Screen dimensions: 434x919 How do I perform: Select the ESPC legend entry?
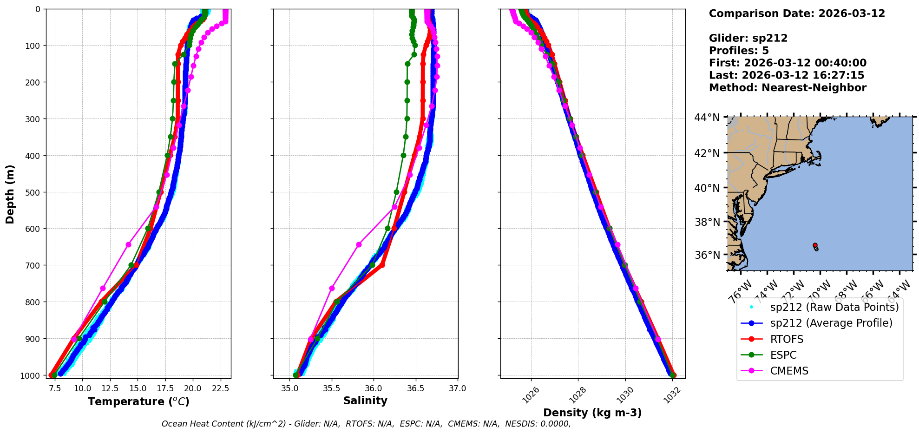tap(783, 355)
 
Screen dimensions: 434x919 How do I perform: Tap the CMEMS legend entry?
tap(789, 371)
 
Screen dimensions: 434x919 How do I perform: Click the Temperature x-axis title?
tap(138, 401)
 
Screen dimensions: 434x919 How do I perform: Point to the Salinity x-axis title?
tap(365, 401)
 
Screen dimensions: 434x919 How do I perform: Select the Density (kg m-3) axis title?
tap(592, 413)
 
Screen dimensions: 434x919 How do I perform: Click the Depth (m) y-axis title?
tap(10, 194)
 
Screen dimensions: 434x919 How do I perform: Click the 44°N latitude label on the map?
tap(707, 118)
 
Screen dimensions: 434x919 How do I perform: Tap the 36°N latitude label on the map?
tap(707, 255)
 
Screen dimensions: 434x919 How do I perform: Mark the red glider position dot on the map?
tap(815, 245)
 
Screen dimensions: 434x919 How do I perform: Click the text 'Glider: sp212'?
tap(748, 38)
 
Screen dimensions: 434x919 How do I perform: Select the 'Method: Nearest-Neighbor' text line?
tap(788, 87)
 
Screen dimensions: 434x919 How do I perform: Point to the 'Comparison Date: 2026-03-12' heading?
tap(797, 13)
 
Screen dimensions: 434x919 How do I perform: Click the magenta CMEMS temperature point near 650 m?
tap(128, 244)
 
